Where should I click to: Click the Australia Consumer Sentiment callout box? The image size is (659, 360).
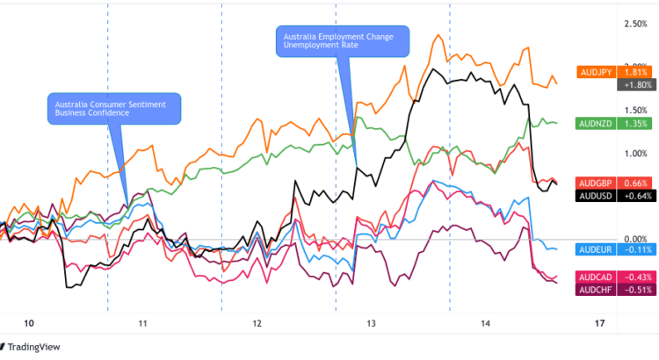pyautogui.click(x=112, y=108)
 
